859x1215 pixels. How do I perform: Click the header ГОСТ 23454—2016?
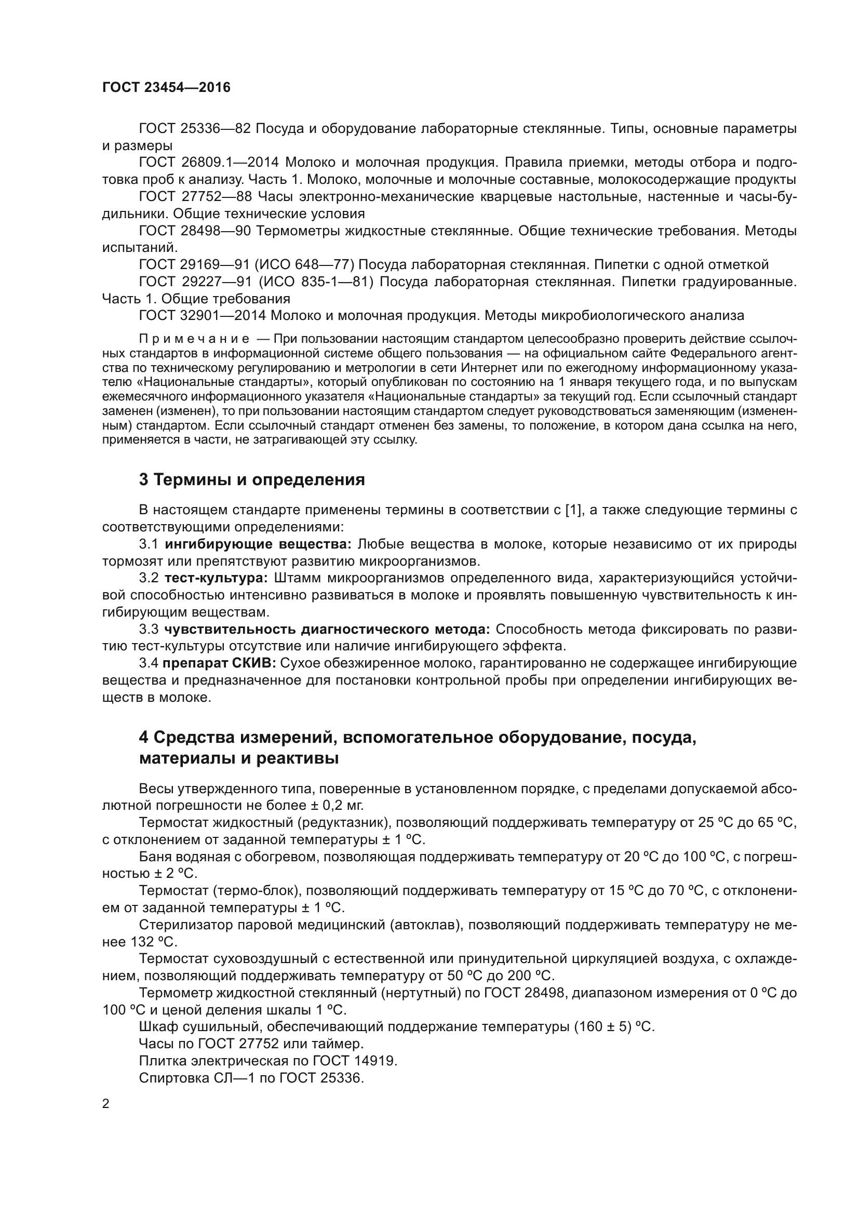pos(166,87)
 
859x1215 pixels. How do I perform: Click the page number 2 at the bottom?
pos(106,1104)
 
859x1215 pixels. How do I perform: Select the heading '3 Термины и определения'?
pos(252,479)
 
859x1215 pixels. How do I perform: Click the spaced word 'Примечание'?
pos(194,339)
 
